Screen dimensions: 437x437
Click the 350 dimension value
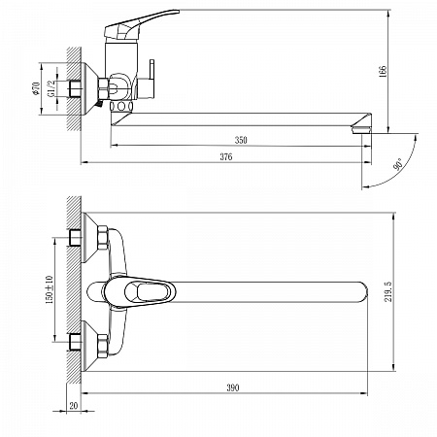(x=241, y=140)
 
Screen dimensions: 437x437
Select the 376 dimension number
(x=226, y=156)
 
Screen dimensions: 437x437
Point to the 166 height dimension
(x=383, y=71)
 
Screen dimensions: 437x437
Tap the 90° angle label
(x=397, y=164)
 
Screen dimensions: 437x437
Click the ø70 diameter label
(x=36, y=88)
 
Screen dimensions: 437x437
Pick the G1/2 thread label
(x=51, y=88)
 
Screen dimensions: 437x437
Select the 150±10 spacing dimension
(x=50, y=289)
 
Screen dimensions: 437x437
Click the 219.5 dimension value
(x=387, y=291)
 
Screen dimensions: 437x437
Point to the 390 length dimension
(x=233, y=387)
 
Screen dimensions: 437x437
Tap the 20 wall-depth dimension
(x=74, y=406)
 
